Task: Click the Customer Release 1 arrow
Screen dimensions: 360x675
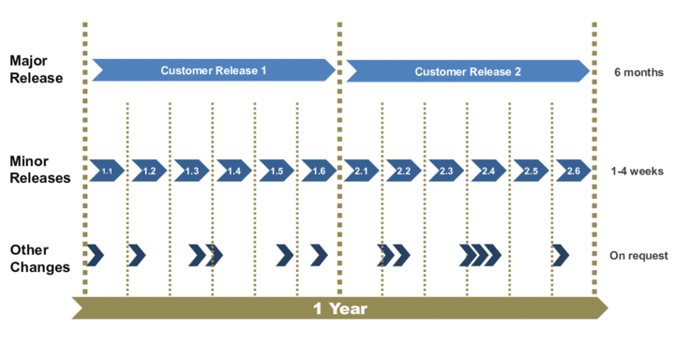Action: click(x=214, y=70)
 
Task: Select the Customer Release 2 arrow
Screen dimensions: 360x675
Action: click(x=468, y=70)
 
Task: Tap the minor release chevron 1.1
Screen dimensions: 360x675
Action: click(x=107, y=171)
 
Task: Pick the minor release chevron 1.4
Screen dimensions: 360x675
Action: click(x=234, y=171)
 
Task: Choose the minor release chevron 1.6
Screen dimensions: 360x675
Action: click(x=319, y=171)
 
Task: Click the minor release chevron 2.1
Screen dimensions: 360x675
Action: click(x=362, y=171)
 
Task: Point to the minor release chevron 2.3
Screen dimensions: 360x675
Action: click(x=446, y=171)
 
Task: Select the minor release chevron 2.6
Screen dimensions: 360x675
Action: click(x=574, y=171)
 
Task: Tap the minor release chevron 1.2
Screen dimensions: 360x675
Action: click(x=149, y=171)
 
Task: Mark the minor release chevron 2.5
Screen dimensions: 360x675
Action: click(x=531, y=171)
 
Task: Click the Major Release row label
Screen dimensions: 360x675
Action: click(x=36, y=69)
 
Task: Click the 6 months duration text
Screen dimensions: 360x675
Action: click(x=637, y=71)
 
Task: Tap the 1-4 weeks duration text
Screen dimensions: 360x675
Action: click(x=637, y=171)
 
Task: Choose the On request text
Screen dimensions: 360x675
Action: click(x=638, y=255)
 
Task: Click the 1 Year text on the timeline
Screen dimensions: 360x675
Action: click(x=339, y=308)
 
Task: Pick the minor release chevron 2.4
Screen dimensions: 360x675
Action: click(x=488, y=171)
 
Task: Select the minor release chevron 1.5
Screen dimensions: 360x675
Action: click(x=277, y=171)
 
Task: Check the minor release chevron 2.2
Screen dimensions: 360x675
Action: click(x=404, y=171)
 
